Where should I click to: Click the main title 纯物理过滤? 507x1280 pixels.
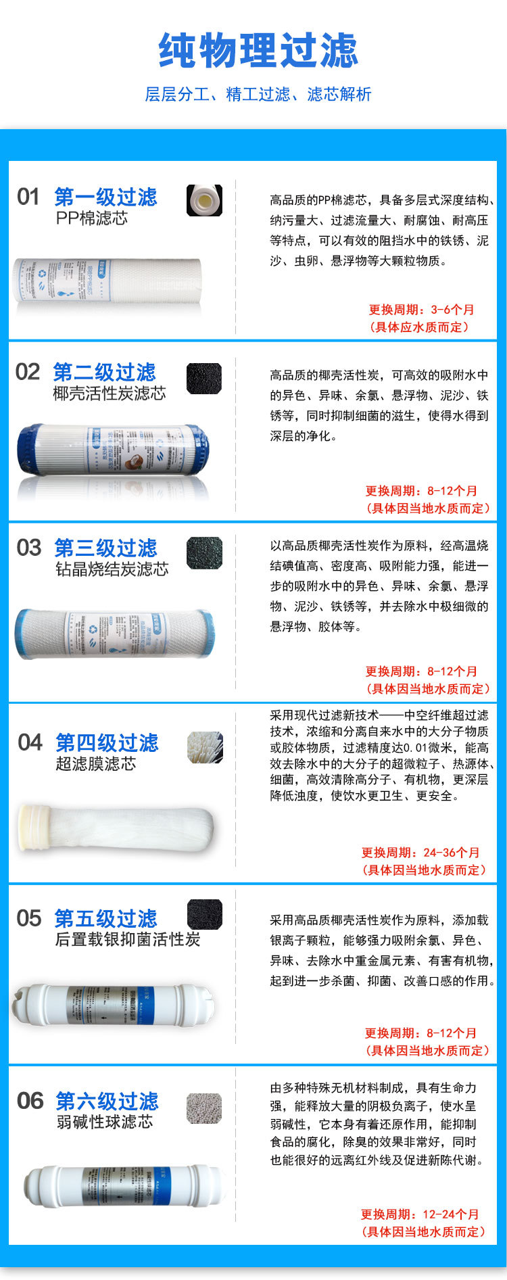pyautogui.click(x=258, y=51)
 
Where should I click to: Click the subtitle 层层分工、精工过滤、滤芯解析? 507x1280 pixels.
pyautogui.click(x=258, y=94)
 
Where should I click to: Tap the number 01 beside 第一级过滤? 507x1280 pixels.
pyautogui.click(x=28, y=197)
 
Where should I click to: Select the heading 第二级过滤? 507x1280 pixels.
pyautogui.click(x=104, y=372)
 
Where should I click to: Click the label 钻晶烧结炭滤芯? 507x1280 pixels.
pyautogui.click(x=112, y=569)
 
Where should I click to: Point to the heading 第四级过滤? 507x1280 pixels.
pyautogui.click(x=107, y=742)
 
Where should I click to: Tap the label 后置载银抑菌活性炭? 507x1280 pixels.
pyautogui.click(x=127, y=939)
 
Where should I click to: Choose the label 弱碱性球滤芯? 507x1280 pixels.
pyautogui.click(x=104, y=1121)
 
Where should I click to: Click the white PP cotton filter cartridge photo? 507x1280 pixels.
pyautogui.click(x=108, y=281)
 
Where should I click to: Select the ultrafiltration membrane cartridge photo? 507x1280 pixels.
pyautogui.click(x=115, y=826)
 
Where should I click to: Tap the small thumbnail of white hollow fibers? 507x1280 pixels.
pyautogui.click(x=205, y=747)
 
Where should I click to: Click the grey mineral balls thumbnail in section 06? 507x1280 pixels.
pyautogui.click(x=204, y=1108)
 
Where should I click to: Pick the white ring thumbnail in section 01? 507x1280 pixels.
pyautogui.click(x=204, y=200)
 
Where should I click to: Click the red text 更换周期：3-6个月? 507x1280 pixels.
pyautogui.click(x=420, y=310)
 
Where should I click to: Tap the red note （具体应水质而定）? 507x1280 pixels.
pyautogui.click(x=419, y=327)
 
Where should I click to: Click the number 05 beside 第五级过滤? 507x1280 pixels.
pyautogui.click(x=29, y=918)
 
